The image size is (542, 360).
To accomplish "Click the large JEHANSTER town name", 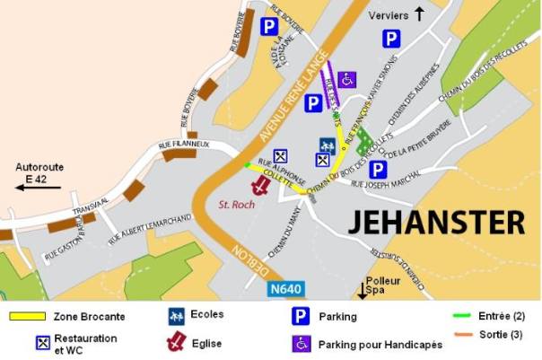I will point(436,220).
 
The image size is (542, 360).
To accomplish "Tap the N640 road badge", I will point(286,290).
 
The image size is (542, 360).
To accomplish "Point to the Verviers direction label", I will point(389,14).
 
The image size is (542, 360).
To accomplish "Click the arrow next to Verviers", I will point(419,13).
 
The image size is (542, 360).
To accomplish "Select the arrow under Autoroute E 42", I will point(38,187).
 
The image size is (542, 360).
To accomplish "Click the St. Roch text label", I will point(238,205).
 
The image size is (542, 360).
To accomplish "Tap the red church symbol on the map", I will point(260,186).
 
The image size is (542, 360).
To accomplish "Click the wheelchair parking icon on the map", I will point(347,80).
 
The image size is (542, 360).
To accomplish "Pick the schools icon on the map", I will point(328,145).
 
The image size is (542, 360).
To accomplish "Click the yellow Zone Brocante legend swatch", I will point(26,317).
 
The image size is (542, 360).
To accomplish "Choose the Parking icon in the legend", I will point(302,316).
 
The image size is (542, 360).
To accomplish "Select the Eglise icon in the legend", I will point(177,341).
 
